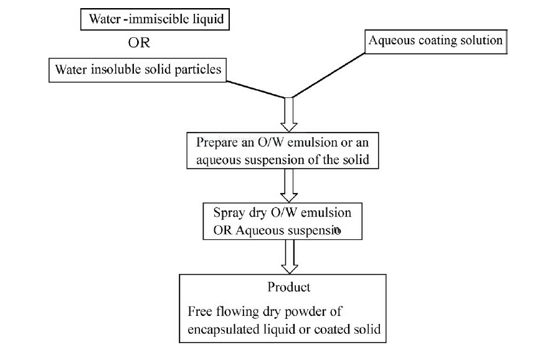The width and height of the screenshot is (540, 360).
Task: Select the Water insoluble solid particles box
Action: coord(138,69)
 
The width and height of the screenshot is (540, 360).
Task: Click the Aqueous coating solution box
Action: coord(435,41)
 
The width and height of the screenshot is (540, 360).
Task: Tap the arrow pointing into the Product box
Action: coord(289,255)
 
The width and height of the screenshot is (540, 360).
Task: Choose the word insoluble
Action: coord(112,69)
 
